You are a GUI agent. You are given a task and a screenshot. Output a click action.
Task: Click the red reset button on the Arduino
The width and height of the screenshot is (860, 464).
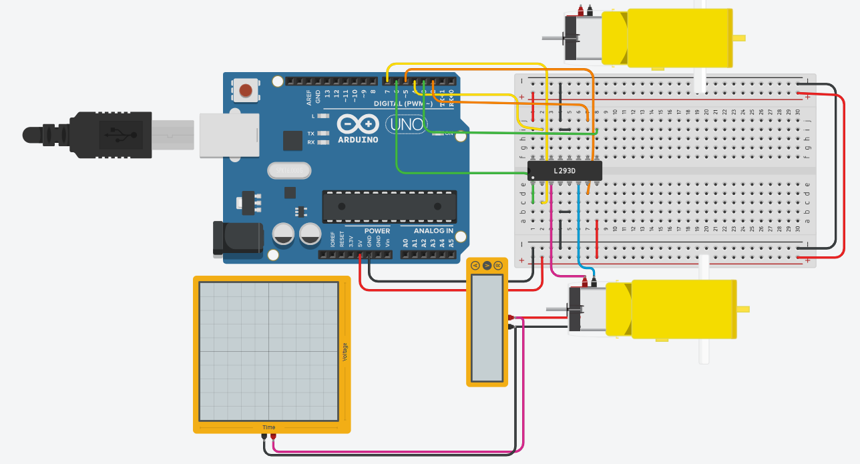click(x=246, y=89)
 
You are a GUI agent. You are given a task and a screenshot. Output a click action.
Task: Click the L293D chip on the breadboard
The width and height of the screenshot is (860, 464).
click(x=565, y=171)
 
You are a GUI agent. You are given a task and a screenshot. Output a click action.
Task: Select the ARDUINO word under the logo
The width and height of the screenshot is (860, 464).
click(x=358, y=140)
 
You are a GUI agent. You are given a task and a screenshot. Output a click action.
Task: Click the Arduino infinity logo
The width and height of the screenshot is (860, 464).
click(x=358, y=124)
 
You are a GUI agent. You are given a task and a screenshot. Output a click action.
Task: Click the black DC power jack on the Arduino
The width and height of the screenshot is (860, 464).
click(x=236, y=238)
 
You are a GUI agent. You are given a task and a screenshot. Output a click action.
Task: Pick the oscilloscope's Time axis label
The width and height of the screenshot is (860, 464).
click(x=268, y=427)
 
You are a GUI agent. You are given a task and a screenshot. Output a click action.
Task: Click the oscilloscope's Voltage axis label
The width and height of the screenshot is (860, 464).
click(x=345, y=352)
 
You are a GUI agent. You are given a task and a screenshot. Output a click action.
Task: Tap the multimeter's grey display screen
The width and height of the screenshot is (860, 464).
click(x=487, y=326)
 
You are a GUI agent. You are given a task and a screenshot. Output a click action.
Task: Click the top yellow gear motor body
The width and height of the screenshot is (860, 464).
click(x=679, y=37)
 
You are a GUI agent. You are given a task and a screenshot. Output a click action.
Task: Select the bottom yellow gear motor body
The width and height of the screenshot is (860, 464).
click(x=683, y=309)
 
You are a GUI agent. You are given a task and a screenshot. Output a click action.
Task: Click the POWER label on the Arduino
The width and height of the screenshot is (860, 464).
click(x=377, y=231)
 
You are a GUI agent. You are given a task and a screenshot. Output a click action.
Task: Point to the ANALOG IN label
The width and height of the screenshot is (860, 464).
click(x=433, y=231)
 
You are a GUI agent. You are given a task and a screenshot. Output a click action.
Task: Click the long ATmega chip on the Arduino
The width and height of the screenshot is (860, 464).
click(x=390, y=206)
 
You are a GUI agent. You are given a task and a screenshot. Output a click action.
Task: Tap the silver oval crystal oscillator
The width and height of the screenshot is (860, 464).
click(x=289, y=171)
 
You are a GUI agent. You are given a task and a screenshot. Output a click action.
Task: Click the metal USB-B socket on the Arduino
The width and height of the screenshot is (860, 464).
click(x=229, y=134)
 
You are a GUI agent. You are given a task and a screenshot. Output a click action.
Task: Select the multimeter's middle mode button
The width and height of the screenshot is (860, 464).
click(x=487, y=266)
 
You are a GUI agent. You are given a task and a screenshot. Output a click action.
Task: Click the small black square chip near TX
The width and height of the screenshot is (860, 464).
click(x=292, y=140)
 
